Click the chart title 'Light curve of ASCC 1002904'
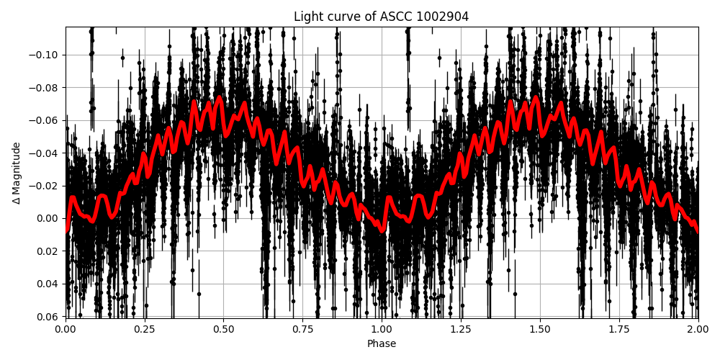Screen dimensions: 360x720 click(x=381, y=17)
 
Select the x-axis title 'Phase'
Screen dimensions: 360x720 click(x=381, y=344)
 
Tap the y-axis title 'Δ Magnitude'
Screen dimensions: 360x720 click(x=17, y=172)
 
